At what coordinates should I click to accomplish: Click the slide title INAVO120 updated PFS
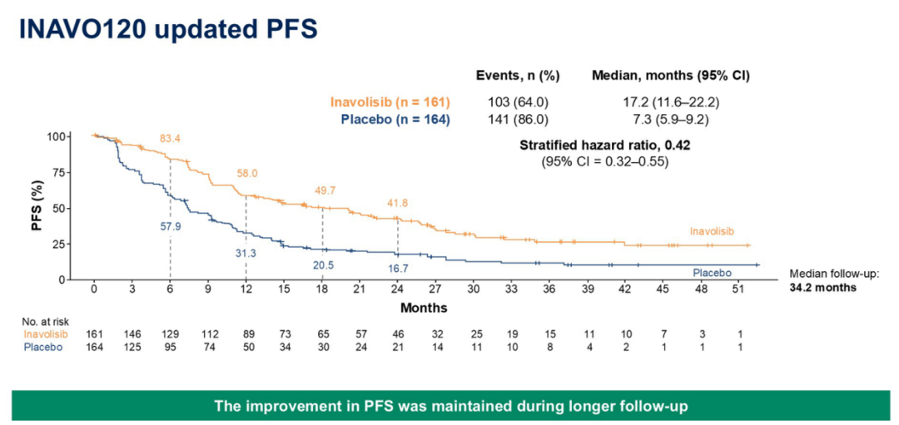coord(168,29)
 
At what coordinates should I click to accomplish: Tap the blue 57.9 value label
coord(170,225)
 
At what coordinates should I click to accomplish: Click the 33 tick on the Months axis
coord(510,289)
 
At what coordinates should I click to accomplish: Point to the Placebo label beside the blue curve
coord(712,272)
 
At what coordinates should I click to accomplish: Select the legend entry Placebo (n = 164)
coord(395,119)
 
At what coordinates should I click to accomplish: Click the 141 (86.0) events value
coord(518,119)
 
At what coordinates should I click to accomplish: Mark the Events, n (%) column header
coord(518,75)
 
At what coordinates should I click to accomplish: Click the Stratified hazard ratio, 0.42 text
coord(604,145)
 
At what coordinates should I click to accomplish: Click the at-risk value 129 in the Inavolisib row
coord(170,334)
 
